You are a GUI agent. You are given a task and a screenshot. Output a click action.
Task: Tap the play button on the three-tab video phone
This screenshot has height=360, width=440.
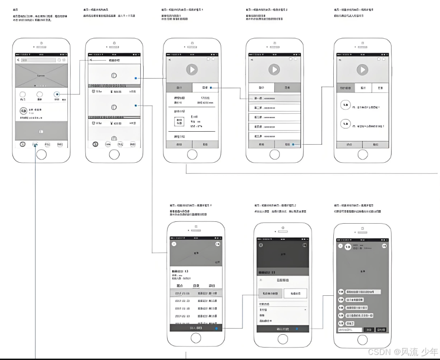pos(362,70)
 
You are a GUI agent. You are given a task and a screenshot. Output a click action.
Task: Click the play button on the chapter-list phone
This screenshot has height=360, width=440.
pos(274,70)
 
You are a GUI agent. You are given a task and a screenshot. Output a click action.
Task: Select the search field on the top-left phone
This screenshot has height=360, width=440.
pos(39,60)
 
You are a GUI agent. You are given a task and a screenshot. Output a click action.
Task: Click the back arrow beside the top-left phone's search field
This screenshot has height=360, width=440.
pos(18,60)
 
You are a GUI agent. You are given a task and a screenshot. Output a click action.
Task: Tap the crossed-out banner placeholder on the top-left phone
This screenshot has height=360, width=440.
pos(41,75)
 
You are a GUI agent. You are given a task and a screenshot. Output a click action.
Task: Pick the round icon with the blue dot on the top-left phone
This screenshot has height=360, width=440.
pos(57,94)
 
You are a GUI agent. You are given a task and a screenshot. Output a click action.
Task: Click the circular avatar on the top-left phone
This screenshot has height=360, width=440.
pos(23,111)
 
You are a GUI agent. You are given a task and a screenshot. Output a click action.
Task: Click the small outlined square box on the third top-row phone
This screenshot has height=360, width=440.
pos(180,122)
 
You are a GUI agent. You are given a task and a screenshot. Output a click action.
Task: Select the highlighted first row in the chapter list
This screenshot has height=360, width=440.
pos(274,98)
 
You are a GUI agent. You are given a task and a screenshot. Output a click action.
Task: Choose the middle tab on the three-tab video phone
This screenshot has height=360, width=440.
pos(363,88)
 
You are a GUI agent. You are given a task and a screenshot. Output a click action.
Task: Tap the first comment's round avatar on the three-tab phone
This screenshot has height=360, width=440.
pos(344,105)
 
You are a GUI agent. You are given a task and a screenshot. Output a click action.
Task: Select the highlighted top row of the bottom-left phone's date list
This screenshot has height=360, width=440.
pos(196,293)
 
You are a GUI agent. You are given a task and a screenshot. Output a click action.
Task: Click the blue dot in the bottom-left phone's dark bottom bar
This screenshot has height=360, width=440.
pos(216,328)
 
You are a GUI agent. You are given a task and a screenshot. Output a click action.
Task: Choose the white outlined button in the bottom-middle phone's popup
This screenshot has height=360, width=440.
pos(295,293)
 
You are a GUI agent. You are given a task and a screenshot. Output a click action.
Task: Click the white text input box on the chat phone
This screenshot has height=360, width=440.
pos(350,330)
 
